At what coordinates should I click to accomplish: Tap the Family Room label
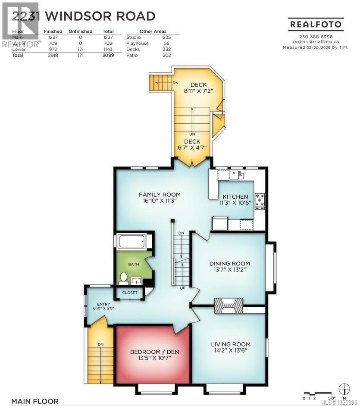click(159, 194)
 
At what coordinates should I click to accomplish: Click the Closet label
click(130, 293)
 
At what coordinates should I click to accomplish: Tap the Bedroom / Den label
click(154, 352)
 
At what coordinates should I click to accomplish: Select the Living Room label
click(230, 344)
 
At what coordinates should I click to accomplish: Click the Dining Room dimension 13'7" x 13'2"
click(229, 270)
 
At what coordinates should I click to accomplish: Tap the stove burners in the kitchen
click(260, 201)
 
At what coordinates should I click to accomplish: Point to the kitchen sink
click(235, 174)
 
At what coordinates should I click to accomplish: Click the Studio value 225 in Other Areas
click(166, 37)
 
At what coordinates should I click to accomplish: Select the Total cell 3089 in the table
click(108, 56)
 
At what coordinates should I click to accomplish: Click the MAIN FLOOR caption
click(35, 401)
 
